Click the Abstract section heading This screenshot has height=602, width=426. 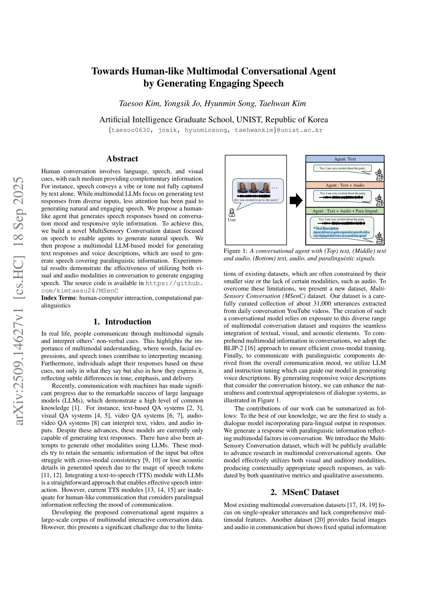pyautogui.click(x=122, y=159)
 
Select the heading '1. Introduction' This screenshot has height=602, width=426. pyautogui.click(x=122, y=322)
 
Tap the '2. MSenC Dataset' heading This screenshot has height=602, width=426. pyautogui.click(x=305, y=492)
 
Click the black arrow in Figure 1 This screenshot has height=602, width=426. pyautogui.click(x=296, y=201)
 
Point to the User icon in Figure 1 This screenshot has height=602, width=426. pyautogui.click(x=232, y=213)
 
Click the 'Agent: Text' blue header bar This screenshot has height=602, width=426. pyautogui.click(x=345, y=159)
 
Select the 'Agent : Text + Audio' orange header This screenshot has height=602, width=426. pyautogui.click(x=345, y=185)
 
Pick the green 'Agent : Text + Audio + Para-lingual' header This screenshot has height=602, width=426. pyautogui.click(x=345, y=211)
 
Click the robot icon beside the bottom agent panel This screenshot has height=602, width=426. pyautogui.click(x=379, y=238)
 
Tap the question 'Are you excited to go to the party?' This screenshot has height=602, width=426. pyautogui.click(x=256, y=200)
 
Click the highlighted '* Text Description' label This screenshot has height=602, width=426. pyautogui.click(x=326, y=228)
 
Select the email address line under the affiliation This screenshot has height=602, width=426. pyautogui.click(x=215, y=130)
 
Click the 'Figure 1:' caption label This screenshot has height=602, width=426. pyautogui.click(x=235, y=251)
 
